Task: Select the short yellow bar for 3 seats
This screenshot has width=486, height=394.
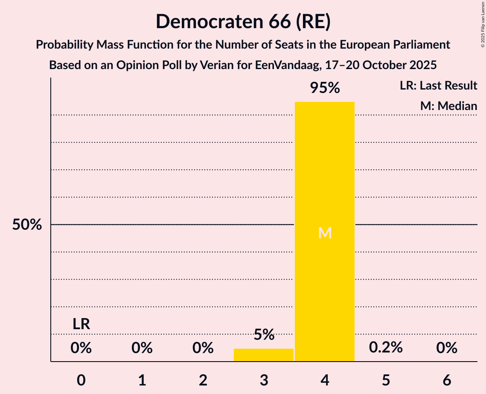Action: (264, 355)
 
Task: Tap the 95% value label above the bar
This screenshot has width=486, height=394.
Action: (325, 88)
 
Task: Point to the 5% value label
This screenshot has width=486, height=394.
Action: (264, 335)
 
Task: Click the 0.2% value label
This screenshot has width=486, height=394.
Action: (386, 348)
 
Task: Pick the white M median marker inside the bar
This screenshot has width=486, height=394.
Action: (325, 233)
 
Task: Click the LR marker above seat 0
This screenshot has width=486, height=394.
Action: (81, 324)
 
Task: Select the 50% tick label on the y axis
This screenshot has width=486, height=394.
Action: (27, 225)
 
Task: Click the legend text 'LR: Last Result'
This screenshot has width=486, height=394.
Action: (438, 86)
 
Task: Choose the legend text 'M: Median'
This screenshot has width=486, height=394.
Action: (448, 106)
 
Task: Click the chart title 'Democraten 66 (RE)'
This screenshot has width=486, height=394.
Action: (243, 21)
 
